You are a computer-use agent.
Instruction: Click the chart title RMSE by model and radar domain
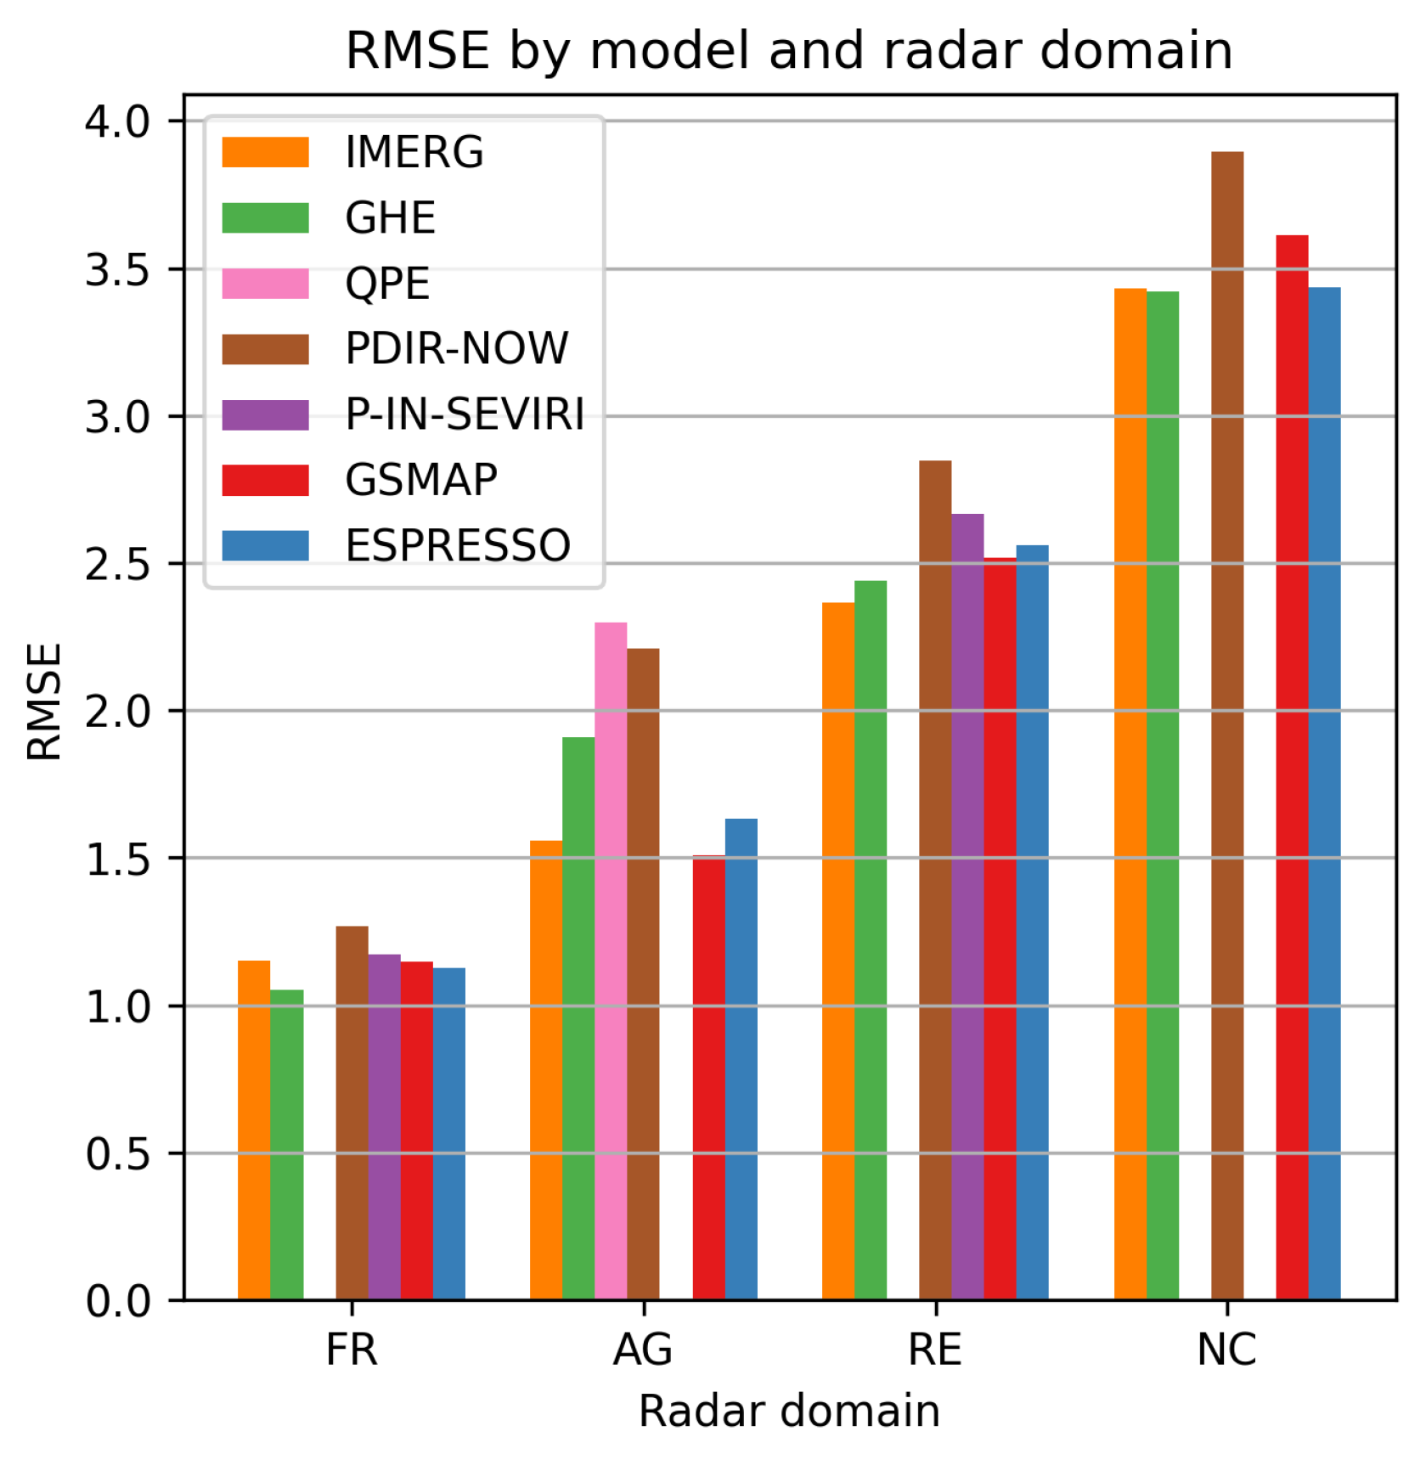point(789,50)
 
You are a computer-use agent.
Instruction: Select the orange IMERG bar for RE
point(838,951)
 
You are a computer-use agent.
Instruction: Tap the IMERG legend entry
point(414,153)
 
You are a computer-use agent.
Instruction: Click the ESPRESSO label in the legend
point(458,545)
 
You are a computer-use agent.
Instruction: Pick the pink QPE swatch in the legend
point(265,284)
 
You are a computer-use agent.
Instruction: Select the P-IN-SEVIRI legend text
point(465,414)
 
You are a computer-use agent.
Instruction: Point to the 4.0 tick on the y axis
point(117,121)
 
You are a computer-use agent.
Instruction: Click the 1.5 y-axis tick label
point(117,860)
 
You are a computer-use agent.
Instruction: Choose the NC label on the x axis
point(1226,1350)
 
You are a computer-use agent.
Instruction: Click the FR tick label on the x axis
point(352,1350)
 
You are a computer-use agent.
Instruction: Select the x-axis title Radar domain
point(789,1412)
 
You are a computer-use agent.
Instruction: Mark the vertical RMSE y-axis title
point(44,702)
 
